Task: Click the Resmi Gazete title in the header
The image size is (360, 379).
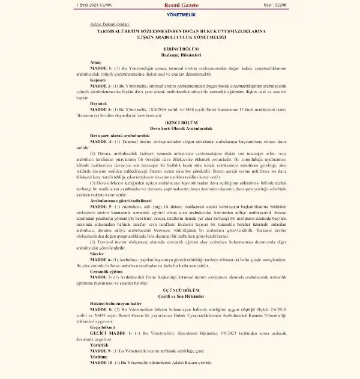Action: tap(179, 5)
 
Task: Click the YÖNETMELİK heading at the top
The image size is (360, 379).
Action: tap(180, 14)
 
